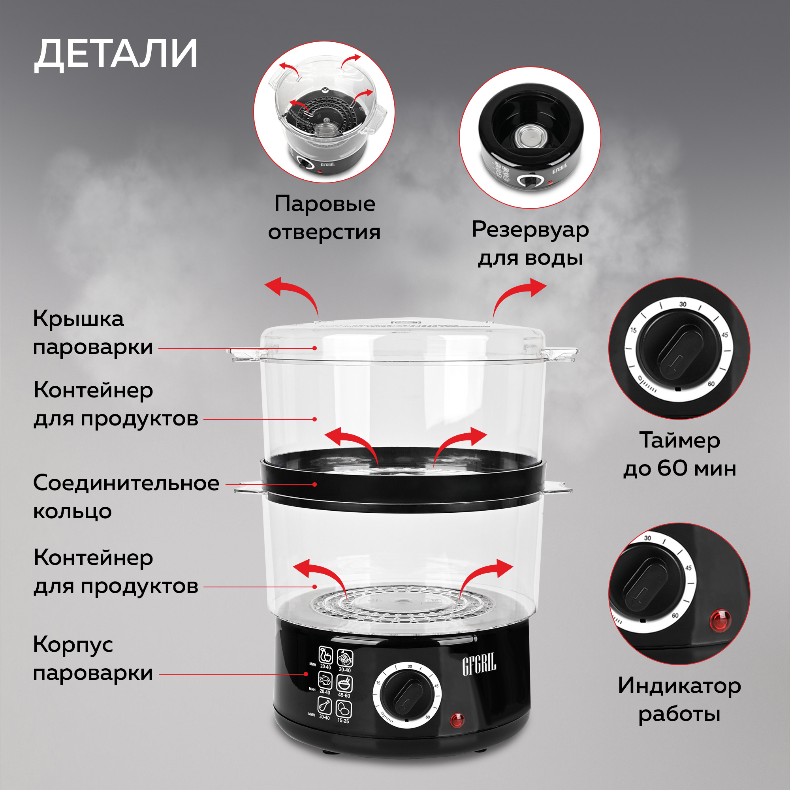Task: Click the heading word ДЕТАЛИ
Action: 116,54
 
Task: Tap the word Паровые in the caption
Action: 325,204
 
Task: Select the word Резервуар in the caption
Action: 530,229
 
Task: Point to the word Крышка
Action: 78,318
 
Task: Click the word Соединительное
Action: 126,483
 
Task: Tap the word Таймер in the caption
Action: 679,440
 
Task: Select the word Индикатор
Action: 679,686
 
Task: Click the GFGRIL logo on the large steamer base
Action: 479,664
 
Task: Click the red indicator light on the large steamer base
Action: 457,719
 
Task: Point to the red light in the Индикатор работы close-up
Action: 720,620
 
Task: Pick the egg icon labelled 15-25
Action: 344,708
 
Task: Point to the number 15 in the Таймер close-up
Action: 634,330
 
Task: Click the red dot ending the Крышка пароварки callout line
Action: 315,348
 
